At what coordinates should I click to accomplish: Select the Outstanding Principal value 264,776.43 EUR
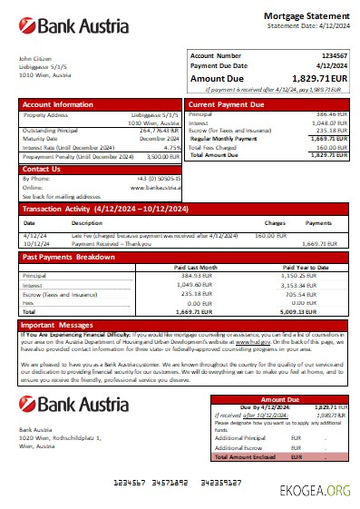[x=160, y=130]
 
